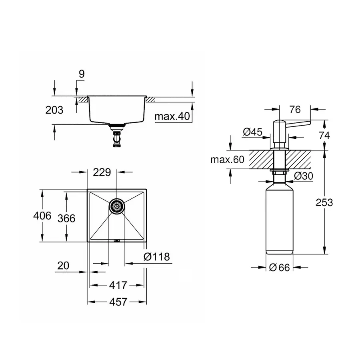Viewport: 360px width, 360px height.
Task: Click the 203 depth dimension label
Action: point(55,110)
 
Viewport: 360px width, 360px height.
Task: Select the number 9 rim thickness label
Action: point(81,74)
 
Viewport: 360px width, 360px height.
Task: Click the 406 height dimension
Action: point(42,216)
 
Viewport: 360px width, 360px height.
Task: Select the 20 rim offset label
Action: point(63,266)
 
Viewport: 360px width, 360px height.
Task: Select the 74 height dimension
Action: point(324,135)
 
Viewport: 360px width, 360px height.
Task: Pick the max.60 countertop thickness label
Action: point(227,160)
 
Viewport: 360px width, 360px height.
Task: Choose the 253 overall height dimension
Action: point(324,202)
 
